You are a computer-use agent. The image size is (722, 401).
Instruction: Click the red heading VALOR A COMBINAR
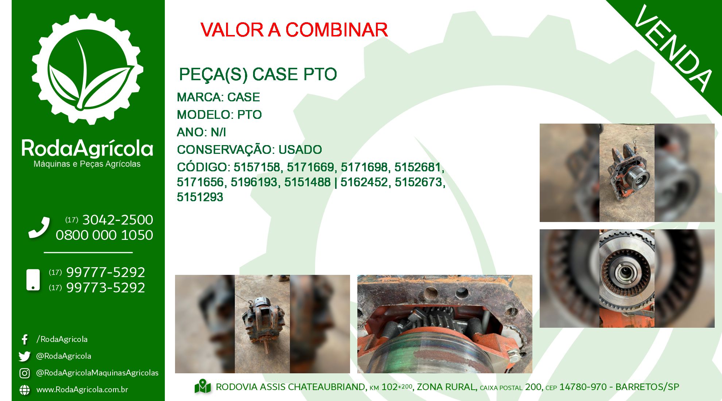tap(294, 30)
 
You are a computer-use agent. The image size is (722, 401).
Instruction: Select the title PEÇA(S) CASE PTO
tap(258, 74)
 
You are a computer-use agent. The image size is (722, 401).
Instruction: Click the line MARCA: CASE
tap(218, 97)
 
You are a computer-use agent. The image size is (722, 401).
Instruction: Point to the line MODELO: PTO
tap(219, 115)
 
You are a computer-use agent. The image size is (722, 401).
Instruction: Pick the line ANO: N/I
tap(201, 132)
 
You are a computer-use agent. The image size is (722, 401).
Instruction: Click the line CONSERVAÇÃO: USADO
tap(249, 149)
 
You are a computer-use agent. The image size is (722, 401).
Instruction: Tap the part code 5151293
tap(200, 197)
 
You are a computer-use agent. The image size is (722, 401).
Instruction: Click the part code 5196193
tap(254, 182)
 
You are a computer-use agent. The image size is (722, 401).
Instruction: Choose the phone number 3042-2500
tap(118, 220)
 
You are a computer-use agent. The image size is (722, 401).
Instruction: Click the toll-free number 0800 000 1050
tap(104, 235)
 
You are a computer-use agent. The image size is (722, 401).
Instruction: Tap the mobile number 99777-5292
tap(106, 272)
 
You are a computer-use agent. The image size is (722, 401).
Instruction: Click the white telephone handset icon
tap(39, 227)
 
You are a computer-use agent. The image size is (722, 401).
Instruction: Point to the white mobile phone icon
tap(33, 280)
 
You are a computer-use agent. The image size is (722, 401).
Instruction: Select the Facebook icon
tap(24, 339)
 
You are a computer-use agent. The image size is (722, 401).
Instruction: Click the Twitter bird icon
tap(24, 356)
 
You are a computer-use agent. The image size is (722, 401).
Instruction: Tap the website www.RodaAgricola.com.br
tap(82, 390)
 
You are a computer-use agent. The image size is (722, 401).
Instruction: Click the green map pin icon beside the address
tap(203, 387)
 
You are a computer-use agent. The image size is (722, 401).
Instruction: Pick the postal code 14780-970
tap(583, 387)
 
